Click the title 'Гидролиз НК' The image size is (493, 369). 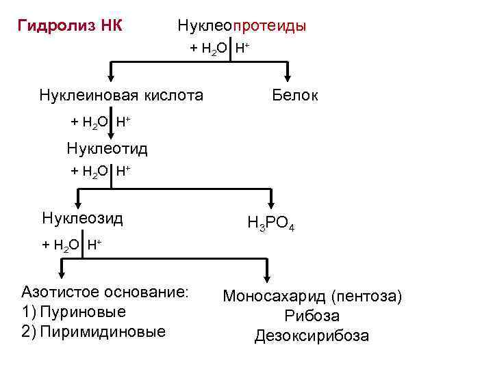coord(70,27)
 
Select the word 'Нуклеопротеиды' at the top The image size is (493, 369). coord(242,27)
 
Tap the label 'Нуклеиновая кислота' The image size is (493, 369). coord(121,95)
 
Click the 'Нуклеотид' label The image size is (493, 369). coord(107,148)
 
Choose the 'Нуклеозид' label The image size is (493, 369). coord(82,219)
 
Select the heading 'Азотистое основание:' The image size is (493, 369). coord(105,292)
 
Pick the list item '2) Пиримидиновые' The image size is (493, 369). coord(94,331)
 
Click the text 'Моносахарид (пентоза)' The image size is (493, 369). coord(312,297)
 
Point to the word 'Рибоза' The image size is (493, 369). coord(312,316)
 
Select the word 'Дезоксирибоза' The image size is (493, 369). coord(312,336)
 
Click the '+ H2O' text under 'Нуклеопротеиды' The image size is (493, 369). coord(209,49)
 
